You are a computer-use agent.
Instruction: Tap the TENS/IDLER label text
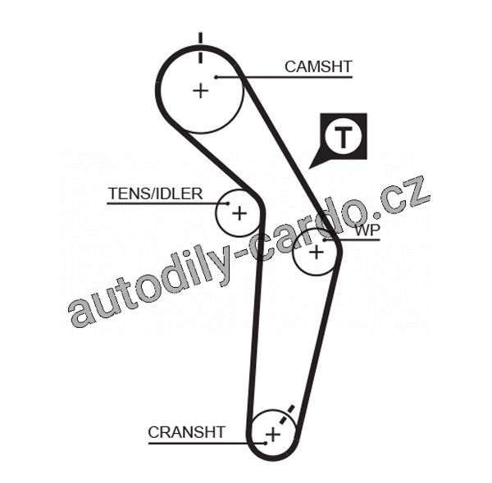click(155, 194)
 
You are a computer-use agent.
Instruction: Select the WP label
click(367, 230)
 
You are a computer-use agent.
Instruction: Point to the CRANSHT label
click(186, 432)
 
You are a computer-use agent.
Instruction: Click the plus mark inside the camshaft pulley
click(201, 90)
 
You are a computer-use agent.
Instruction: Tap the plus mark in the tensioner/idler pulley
click(239, 214)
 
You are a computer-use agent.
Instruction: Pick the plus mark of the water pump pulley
click(317, 253)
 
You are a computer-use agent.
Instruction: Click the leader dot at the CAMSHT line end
click(216, 77)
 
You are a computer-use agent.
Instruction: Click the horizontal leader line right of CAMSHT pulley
click(295, 77)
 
